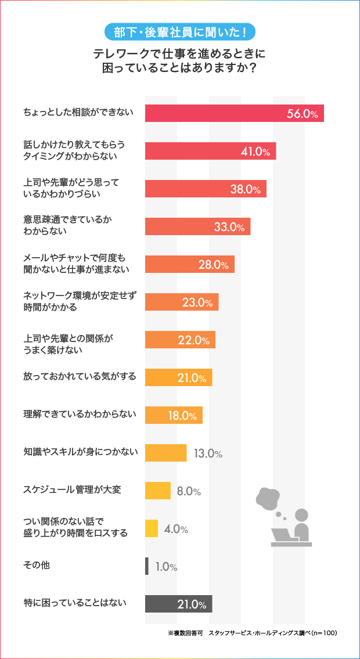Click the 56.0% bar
click(x=234, y=113)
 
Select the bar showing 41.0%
click(x=210, y=151)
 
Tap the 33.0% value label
click(x=229, y=227)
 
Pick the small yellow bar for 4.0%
click(x=152, y=528)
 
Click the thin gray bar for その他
click(x=147, y=566)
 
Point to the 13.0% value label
click(x=208, y=453)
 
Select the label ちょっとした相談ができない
click(x=78, y=113)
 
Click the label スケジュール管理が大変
click(x=72, y=491)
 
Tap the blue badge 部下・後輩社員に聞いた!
click(x=180, y=31)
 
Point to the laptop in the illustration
click(x=285, y=535)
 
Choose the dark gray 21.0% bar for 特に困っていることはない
click(x=178, y=604)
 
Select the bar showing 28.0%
click(x=190, y=264)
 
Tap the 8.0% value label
click(x=189, y=491)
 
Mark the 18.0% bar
click(x=174, y=415)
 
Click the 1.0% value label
click(x=166, y=567)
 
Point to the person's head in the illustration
click(x=302, y=515)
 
